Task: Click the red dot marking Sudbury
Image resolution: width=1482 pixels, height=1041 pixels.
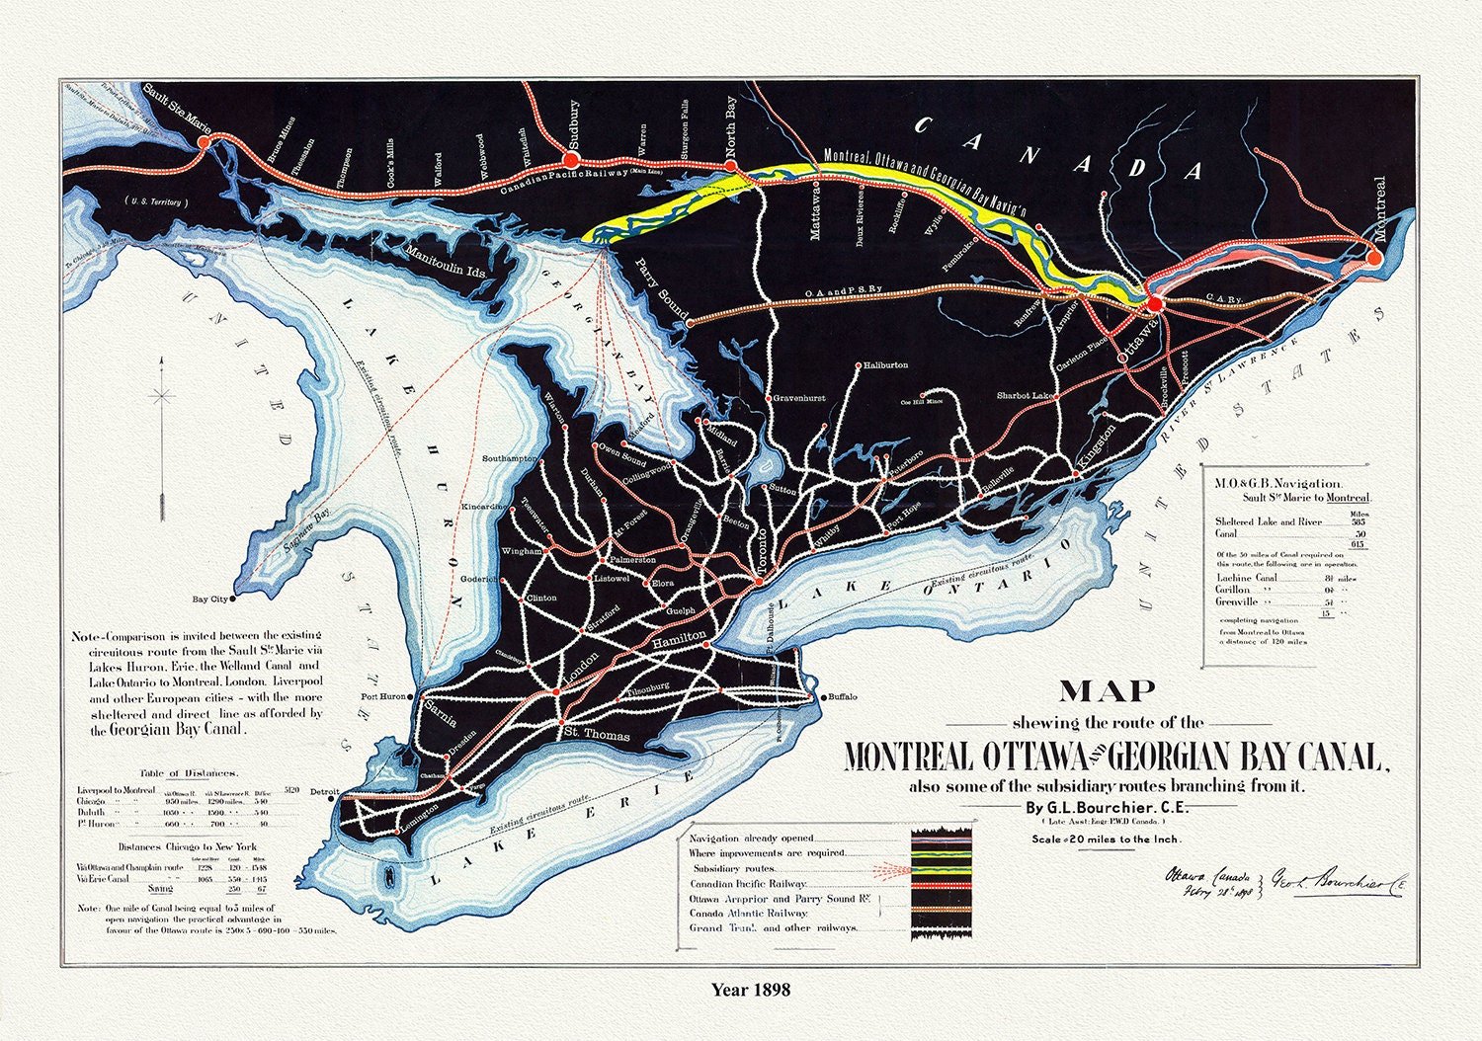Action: click(569, 159)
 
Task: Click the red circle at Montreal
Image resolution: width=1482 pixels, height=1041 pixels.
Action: click(1373, 258)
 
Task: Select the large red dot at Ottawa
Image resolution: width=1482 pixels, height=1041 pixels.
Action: click(1155, 302)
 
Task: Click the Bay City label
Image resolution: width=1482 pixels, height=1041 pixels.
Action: click(209, 600)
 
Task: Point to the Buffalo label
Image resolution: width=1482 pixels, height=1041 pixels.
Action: click(842, 697)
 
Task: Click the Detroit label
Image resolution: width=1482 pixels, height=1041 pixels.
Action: click(324, 792)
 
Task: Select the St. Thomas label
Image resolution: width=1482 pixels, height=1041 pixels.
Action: click(596, 735)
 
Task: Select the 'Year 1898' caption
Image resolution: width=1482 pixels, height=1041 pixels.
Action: click(751, 989)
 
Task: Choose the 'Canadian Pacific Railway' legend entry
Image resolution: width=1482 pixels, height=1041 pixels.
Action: click(748, 884)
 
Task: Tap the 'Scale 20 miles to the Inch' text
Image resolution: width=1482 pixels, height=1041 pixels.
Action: click(1106, 840)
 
